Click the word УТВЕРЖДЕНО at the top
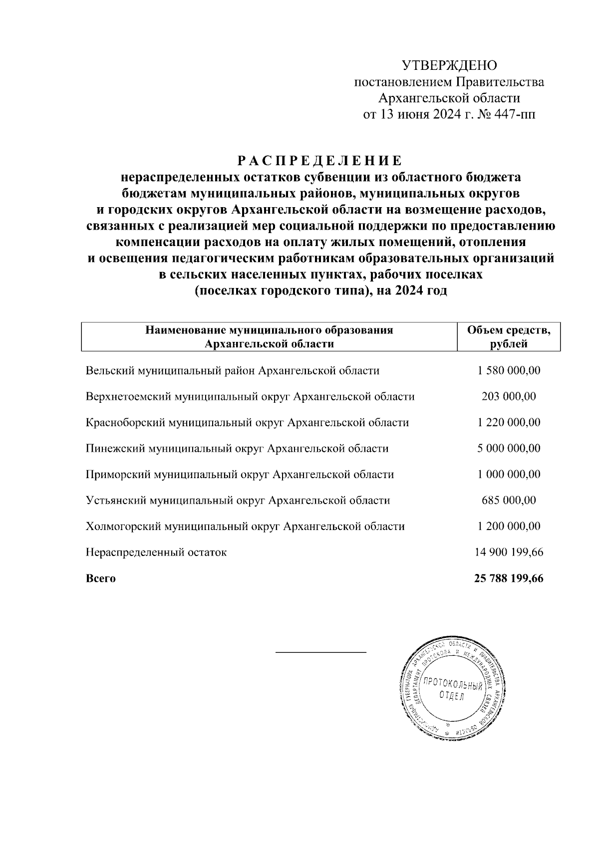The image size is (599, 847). pos(449,65)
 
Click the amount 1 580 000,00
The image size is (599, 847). pos(509,371)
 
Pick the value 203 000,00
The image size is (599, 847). pos(509,397)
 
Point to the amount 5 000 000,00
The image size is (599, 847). pos(509,449)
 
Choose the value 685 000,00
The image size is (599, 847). pos(509,501)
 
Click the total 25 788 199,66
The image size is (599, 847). pos(509,579)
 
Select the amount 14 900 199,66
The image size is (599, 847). pos(509,553)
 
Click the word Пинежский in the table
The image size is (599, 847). pos(115,449)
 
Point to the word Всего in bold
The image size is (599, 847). pos(101,579)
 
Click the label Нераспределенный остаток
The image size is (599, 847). pos(156,553)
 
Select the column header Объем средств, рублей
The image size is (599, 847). pos(509,337)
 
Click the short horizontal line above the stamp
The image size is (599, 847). pos(321,652)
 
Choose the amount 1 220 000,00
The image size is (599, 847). pos(509,423)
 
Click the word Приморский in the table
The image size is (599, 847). pos(118,475)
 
